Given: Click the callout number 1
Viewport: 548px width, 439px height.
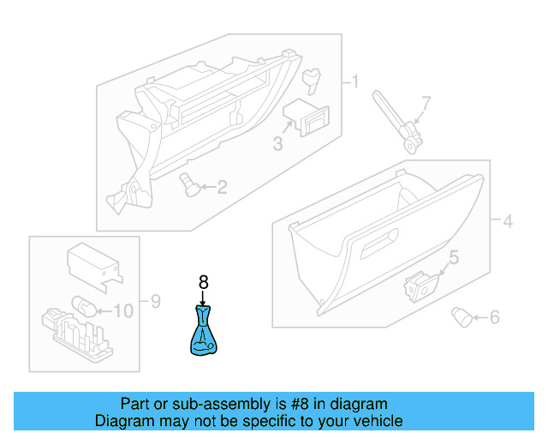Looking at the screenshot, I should click(x=353, y=82).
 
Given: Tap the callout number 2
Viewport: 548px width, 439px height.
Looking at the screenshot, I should click(x=222, y=186).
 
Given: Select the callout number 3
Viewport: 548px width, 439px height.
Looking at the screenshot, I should click(x=277, y=144).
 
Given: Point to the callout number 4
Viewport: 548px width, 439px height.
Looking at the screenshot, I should click(x=507, y=222).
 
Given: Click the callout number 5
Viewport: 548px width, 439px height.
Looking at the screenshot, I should click(x=454, y=256).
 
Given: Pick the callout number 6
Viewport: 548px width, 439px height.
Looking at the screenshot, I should click(x=493, y=318).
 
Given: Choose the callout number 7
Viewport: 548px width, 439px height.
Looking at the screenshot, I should click(x=426, y=103).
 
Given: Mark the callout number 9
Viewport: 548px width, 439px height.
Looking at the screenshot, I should click(x=155, y=301).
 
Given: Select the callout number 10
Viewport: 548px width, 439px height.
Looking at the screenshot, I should click(x=123, y=310).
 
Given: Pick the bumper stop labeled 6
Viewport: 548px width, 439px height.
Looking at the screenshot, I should click(x=462, y=317).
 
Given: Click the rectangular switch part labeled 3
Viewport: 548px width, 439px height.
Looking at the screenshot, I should click(x=307, y=116).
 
